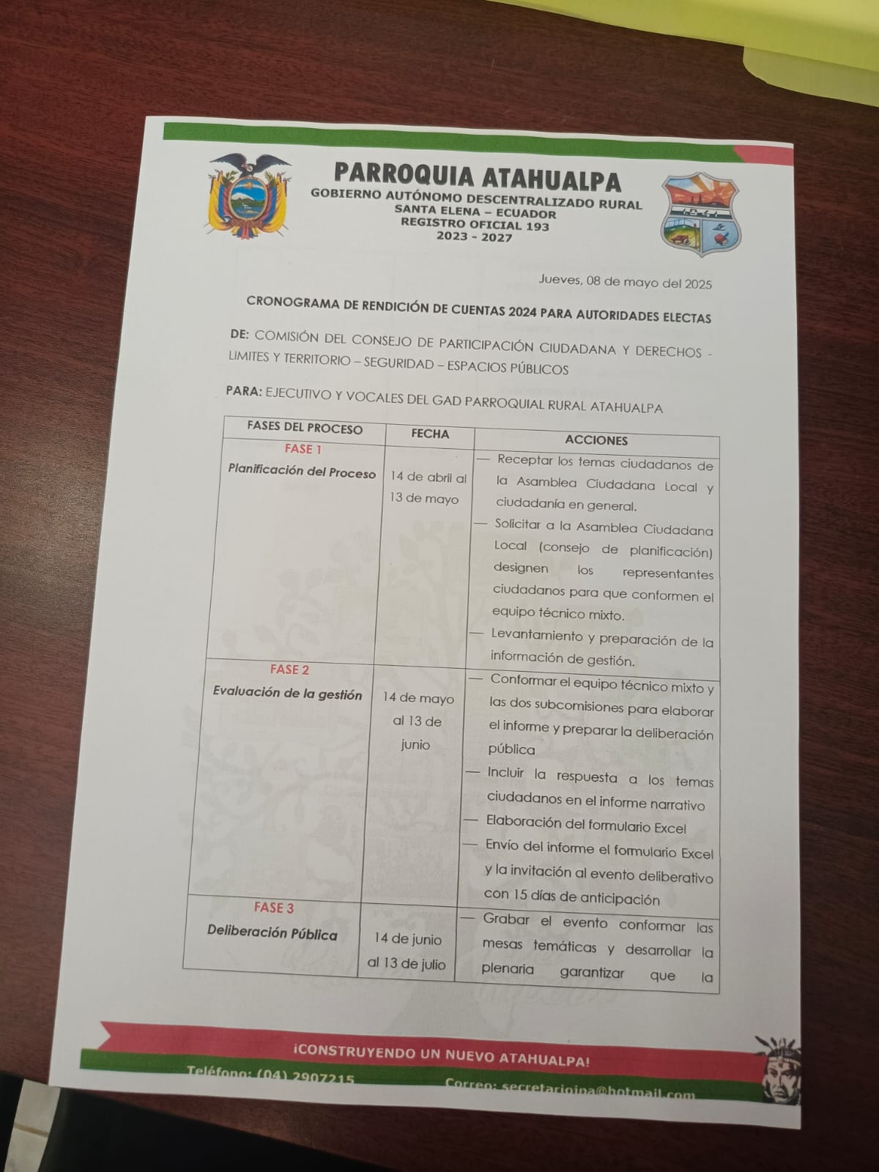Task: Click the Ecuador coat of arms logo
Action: point(248,196)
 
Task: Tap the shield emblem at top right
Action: point(701,214)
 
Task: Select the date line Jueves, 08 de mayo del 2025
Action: point(625,281)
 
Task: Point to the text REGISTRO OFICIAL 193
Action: point(475,225)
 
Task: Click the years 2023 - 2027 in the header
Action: point(474,237)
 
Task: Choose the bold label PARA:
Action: point(244,392)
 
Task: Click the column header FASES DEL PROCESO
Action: point(305,428)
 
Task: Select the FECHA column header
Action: point(430,434)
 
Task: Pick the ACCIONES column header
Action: point(596,440)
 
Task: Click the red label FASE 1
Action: point(303,449)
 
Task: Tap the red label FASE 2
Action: point(289,670)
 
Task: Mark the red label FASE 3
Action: point(274,908)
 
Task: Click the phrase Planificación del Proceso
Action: point(302,472)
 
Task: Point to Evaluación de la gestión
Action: point(287,693)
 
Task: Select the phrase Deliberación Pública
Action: point(272,933)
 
